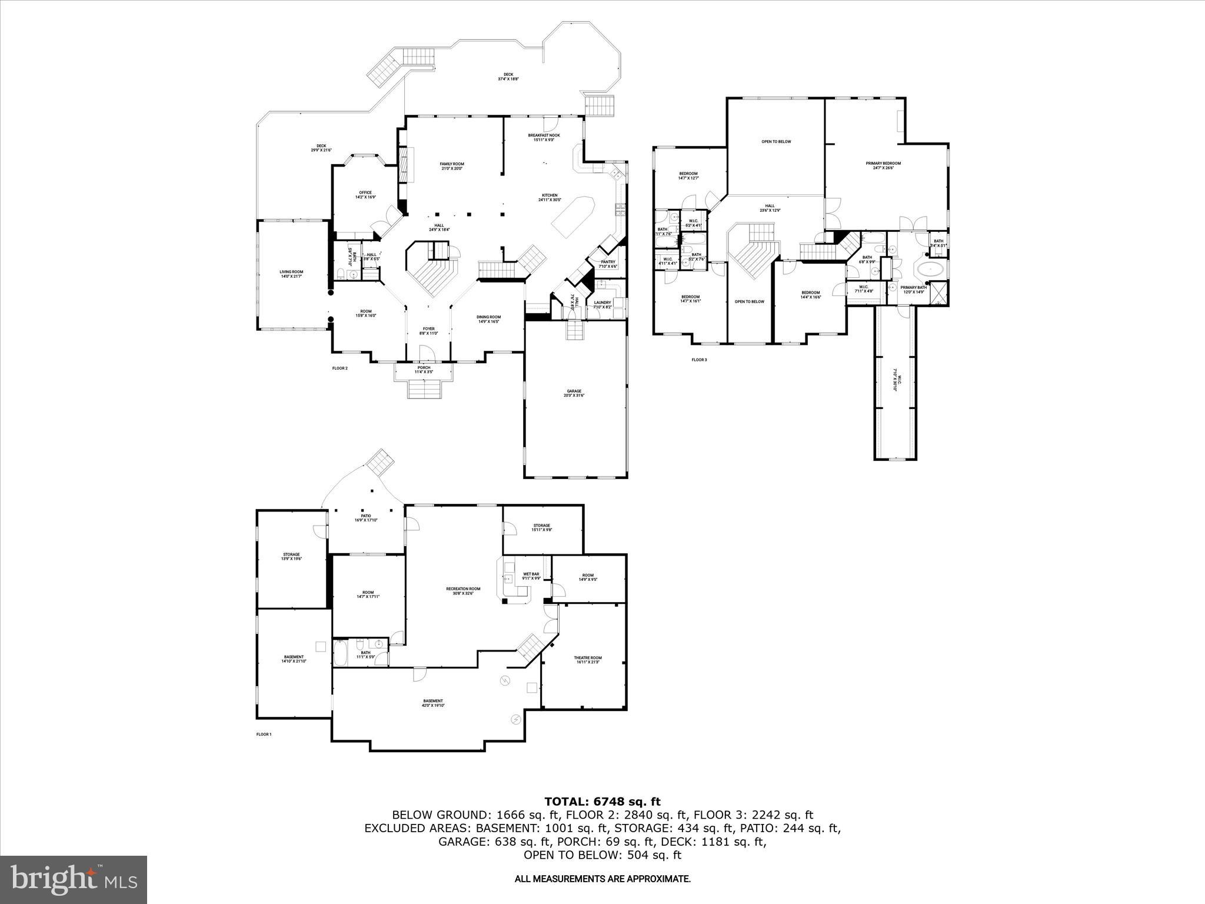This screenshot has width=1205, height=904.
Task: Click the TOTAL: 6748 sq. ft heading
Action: (x=602, y=802)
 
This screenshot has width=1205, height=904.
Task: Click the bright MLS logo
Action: (x=74, y=880)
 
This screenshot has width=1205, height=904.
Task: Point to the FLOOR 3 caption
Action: (x=699, y=359)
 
